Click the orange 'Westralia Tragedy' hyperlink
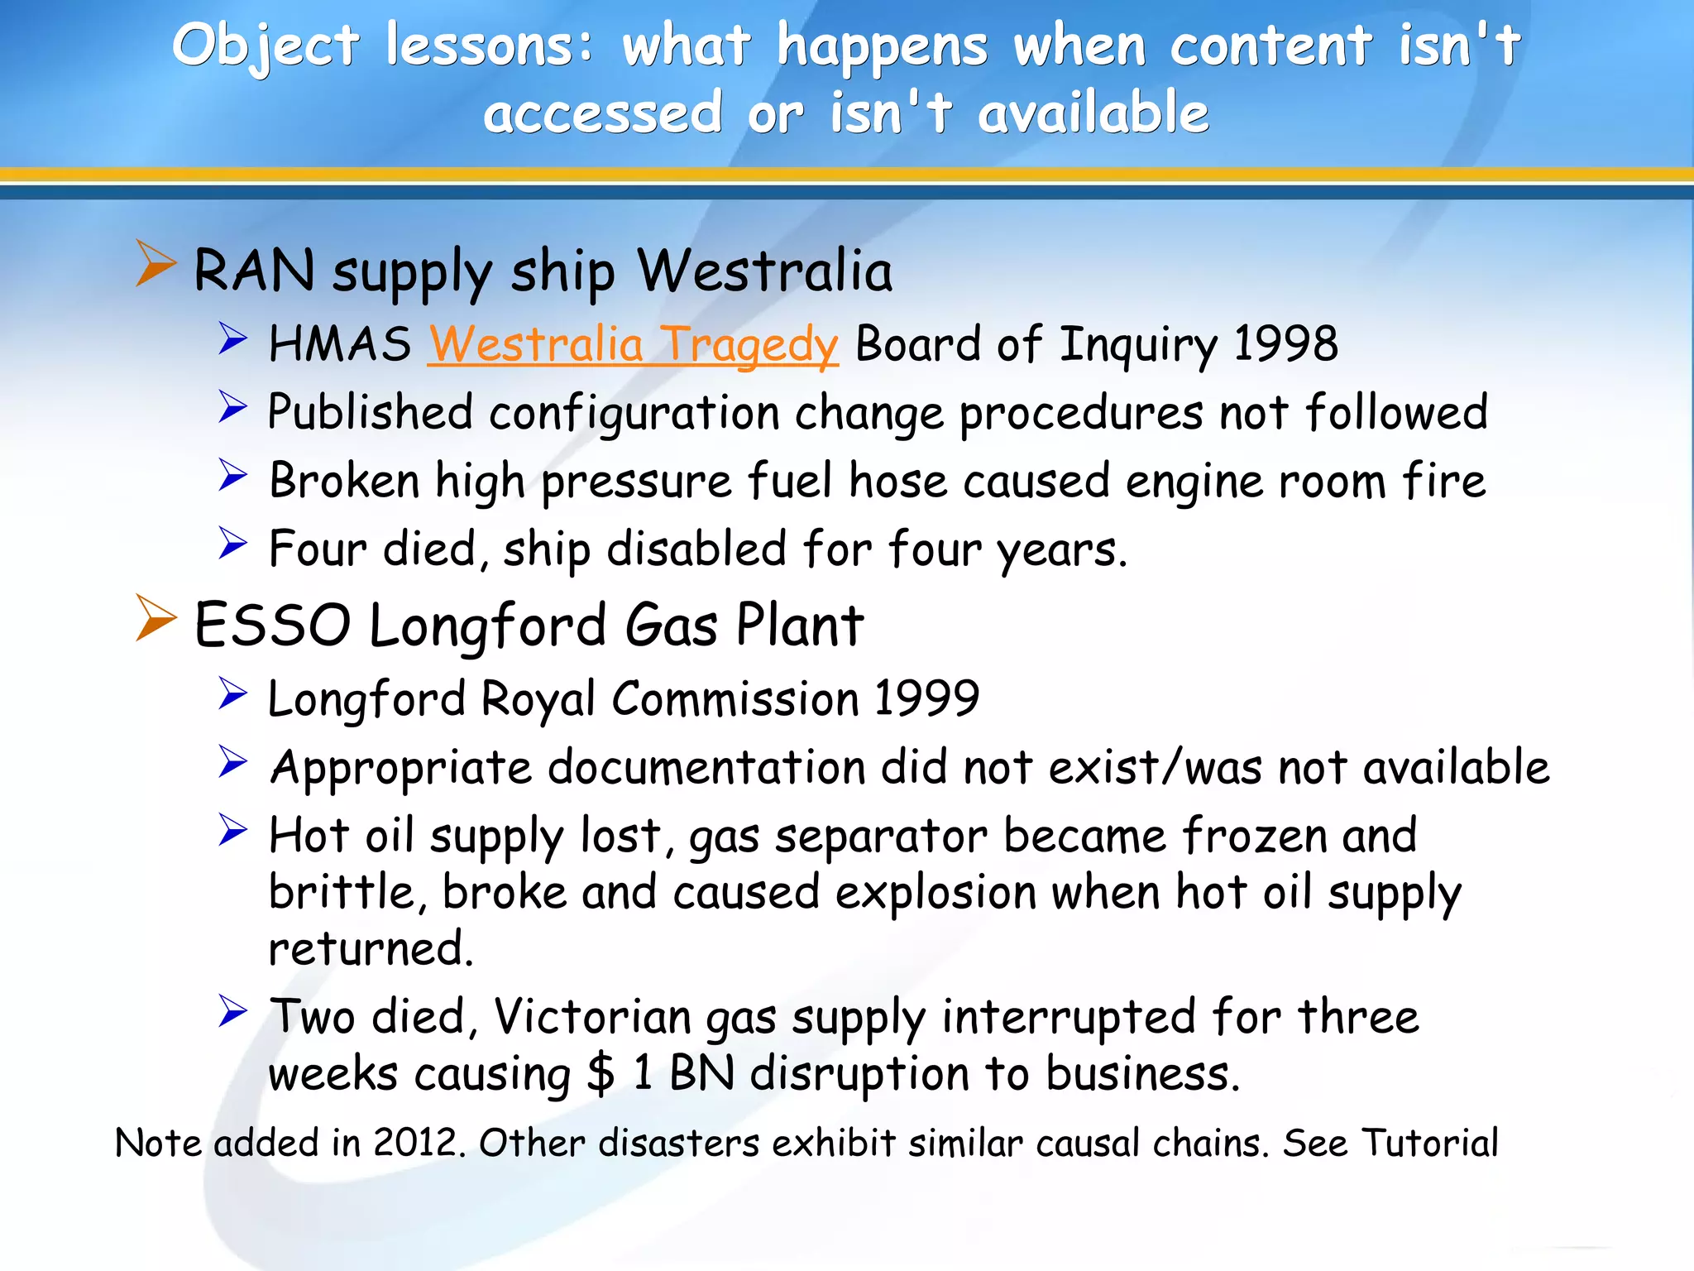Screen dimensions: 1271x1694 [x=633, y=344]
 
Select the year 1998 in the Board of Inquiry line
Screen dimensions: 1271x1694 [x=1285, y=344]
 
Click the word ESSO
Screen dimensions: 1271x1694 [x=272, y=626]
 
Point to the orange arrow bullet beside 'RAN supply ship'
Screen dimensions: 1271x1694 [x=156, y=264]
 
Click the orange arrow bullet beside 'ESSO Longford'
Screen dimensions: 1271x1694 [x=156, y=618]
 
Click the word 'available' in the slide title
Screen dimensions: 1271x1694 [x=1093, y=113]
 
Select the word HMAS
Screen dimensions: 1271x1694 [x=340, y=344]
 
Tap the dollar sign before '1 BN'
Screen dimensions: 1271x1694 [x=601, y=1074]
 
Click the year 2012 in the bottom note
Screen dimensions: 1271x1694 [x=414, y=1144]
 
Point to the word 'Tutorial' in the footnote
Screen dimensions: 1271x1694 [x=1429, y=1144]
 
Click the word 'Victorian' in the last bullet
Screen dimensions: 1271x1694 [x=591, y=1017]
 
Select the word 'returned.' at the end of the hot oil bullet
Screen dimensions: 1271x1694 [x=371, y=948]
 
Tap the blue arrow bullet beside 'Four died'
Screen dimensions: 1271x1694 [x=233, y=543]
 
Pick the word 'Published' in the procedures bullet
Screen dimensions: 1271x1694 [x=371, y=412]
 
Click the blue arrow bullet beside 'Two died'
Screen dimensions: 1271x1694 [x=233, y=1011]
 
